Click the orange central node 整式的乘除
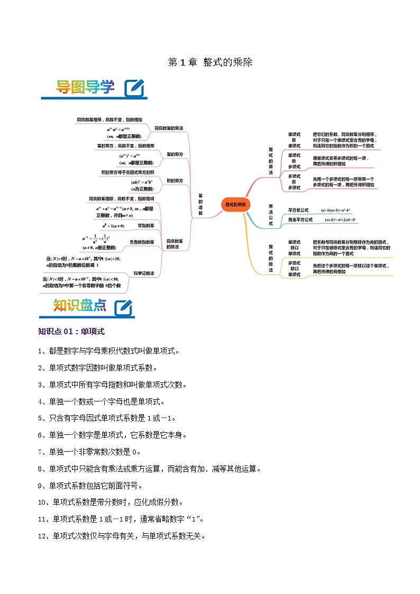point(235,204)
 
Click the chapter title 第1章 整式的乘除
point(210,62)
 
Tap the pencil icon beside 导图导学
point(134,88)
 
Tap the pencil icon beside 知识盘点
point(123,307)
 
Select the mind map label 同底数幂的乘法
point(169,129)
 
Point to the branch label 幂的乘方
point(175,154)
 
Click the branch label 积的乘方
point(175,180)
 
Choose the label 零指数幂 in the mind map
point(146,226)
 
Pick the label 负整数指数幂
point(142,242)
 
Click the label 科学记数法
point(144,273)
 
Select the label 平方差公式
point(298,210)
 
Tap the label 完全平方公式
point(300,220)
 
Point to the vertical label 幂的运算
point(200,201)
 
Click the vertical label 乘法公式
point(271,215)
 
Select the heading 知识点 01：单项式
point(71,332)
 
